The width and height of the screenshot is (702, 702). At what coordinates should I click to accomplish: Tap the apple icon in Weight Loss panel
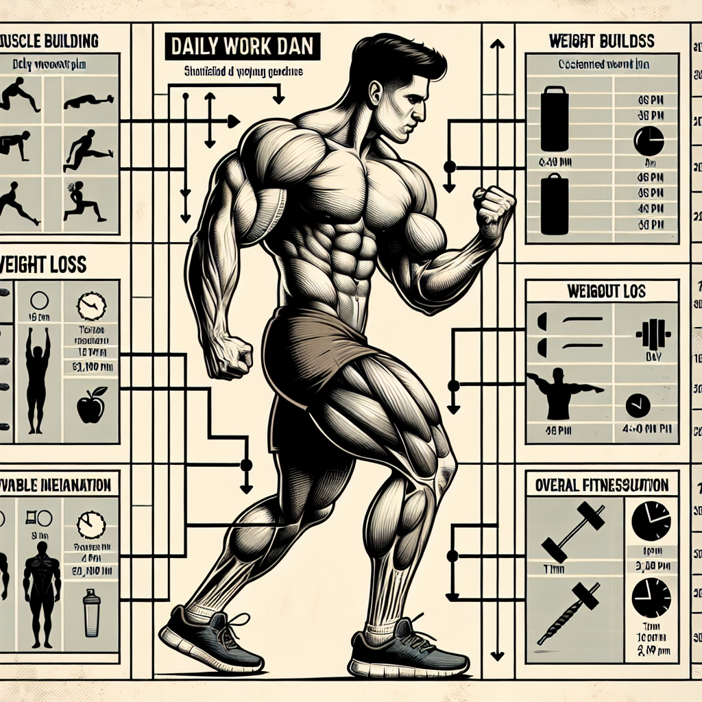(90, 405)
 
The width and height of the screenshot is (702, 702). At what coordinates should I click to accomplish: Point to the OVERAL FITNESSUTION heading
(601, 485)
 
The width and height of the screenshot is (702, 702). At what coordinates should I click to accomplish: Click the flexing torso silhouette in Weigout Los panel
(564, 396)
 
